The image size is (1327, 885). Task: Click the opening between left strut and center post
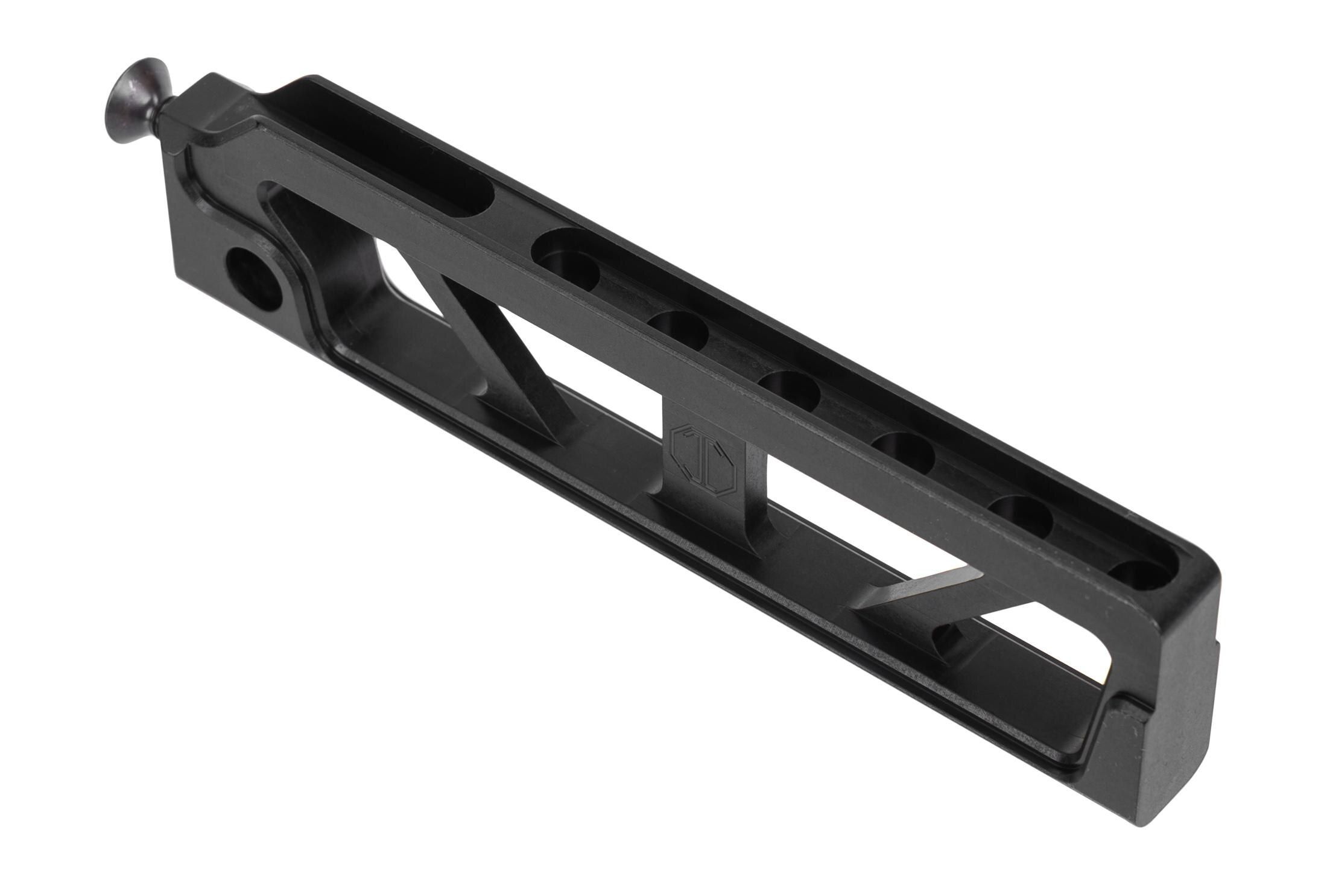point(579,386)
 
